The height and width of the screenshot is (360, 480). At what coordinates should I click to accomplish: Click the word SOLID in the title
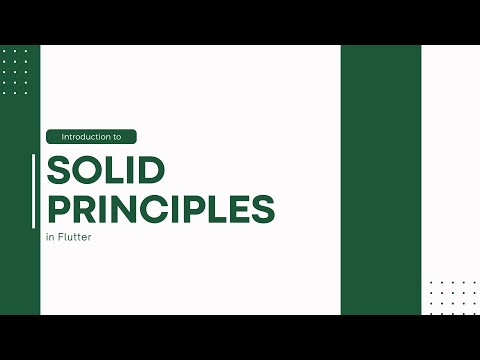coord(105,172)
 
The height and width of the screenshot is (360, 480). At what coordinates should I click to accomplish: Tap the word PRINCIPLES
coord(160,210)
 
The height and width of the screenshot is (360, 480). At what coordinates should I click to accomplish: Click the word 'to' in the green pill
coord(115,136)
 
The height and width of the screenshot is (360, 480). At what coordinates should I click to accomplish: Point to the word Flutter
coord(75,238)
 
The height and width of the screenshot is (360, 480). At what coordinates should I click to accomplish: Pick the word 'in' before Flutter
coord(50,238)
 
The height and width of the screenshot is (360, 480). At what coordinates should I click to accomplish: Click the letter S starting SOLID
coord(58,172)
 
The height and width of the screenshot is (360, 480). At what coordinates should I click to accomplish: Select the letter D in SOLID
coord(147,172)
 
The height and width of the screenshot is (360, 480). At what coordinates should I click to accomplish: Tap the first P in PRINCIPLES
coord(58,210)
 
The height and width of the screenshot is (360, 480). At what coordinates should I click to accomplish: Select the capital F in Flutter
coord(63,238)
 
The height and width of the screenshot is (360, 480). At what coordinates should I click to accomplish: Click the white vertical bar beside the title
coord(35,191)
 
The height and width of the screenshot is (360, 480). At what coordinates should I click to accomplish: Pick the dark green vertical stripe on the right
coord(380,180)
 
